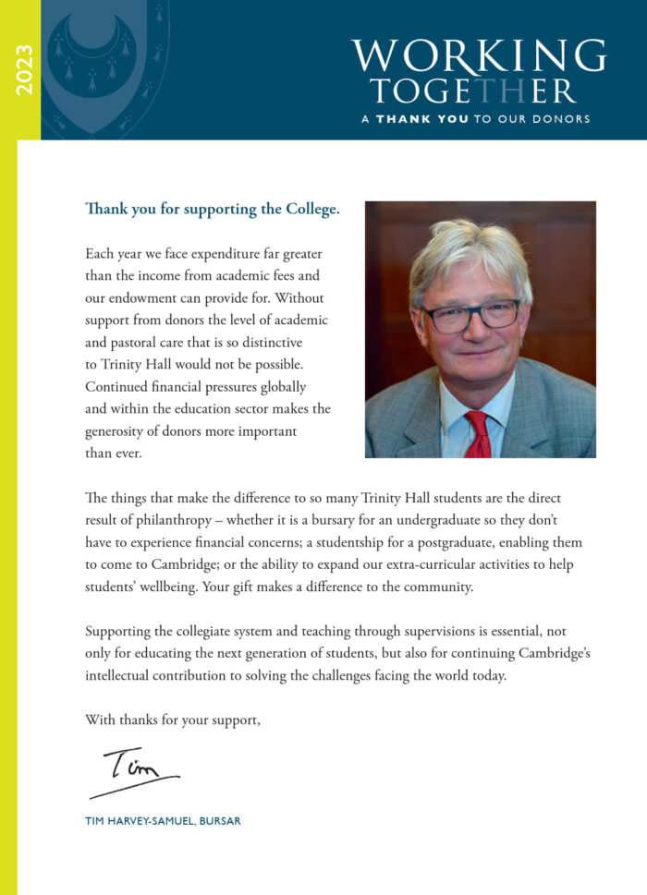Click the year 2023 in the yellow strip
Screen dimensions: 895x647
[24, 69]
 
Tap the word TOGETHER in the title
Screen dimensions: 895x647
[473, 91]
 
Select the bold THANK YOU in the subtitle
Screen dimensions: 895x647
[421, 119]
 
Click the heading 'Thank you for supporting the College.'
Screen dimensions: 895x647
[212, 209]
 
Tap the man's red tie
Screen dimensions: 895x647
[478, 434]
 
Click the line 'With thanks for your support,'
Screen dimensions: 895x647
[172, 720]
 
